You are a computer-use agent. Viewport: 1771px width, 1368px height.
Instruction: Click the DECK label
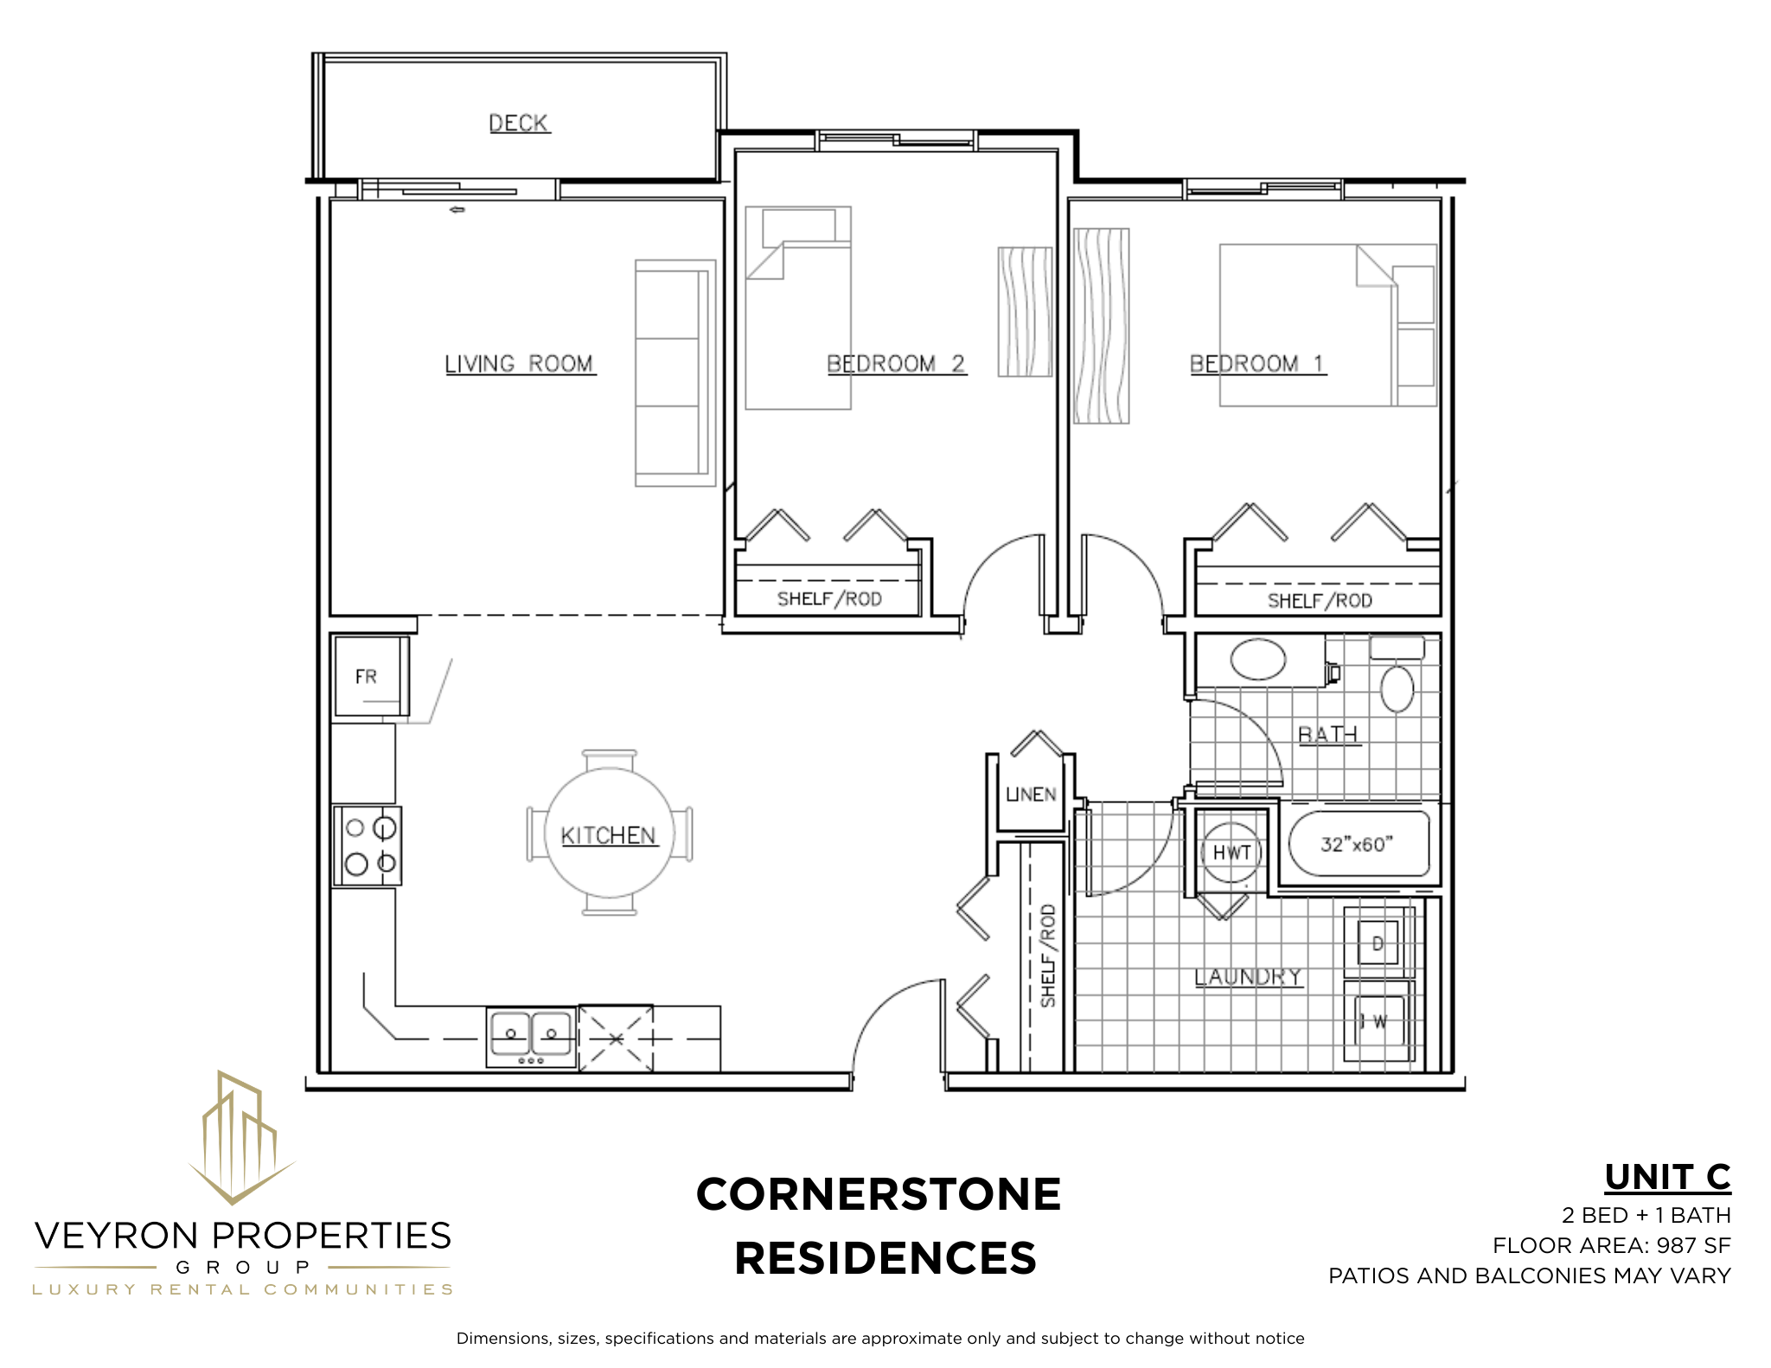519,124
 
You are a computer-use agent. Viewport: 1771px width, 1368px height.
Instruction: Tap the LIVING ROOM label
520,364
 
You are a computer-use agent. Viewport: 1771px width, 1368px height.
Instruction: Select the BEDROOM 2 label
896,364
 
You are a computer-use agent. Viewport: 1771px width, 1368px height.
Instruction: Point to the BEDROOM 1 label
1257,364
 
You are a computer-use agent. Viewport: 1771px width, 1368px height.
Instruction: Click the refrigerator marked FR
371,676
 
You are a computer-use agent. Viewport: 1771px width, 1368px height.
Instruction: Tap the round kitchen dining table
610,832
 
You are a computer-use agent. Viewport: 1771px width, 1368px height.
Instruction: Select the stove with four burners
368,846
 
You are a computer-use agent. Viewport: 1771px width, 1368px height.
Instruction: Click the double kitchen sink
531,1037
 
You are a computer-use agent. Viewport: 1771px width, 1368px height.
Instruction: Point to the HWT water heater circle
1231,852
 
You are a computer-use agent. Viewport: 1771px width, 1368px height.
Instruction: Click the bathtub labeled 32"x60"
1359,844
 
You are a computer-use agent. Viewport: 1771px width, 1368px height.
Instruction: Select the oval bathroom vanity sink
1258,659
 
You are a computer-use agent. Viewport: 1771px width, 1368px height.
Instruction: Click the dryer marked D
1378,943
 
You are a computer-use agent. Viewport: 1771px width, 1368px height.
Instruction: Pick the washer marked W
1378,1022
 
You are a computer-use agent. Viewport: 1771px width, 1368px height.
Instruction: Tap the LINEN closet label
1031,794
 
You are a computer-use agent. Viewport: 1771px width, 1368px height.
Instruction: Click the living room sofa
675,373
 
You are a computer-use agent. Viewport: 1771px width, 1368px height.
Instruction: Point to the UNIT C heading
1667,1177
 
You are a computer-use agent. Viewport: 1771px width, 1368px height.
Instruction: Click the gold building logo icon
241,1137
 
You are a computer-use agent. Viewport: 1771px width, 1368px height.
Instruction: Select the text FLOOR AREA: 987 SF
1612,1245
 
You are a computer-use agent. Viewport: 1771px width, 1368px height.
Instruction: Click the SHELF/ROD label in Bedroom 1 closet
1320,601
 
